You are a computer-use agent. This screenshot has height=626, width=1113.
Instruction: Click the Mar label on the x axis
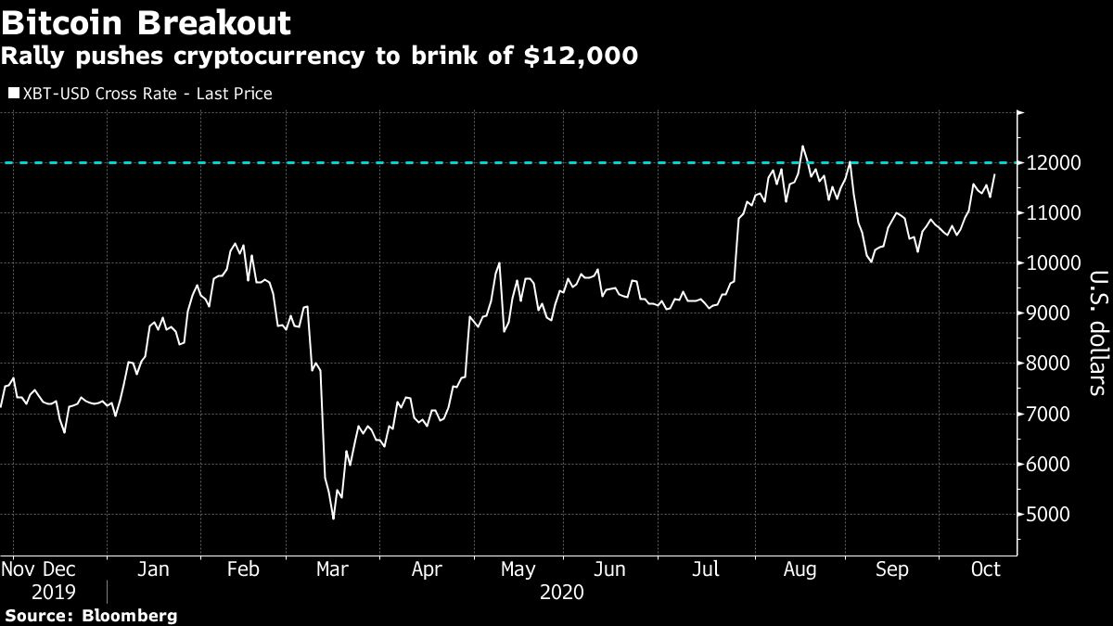tap(332, 569)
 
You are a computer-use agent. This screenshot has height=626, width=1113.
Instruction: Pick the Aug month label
tap(799, 569)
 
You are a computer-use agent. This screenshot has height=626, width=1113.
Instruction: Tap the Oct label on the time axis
tap(984, 569)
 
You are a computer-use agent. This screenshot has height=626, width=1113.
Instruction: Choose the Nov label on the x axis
tap(18, 569)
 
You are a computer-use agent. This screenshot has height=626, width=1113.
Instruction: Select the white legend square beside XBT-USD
tap(13, 94)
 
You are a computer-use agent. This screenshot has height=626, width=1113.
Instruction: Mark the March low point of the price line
tap(333, 518)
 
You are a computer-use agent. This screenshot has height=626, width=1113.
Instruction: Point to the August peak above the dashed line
tap(802, 146)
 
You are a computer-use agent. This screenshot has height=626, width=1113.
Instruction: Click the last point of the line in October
tap(995, 174)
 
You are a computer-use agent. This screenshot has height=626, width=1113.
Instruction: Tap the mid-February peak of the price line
tap(236, 244)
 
